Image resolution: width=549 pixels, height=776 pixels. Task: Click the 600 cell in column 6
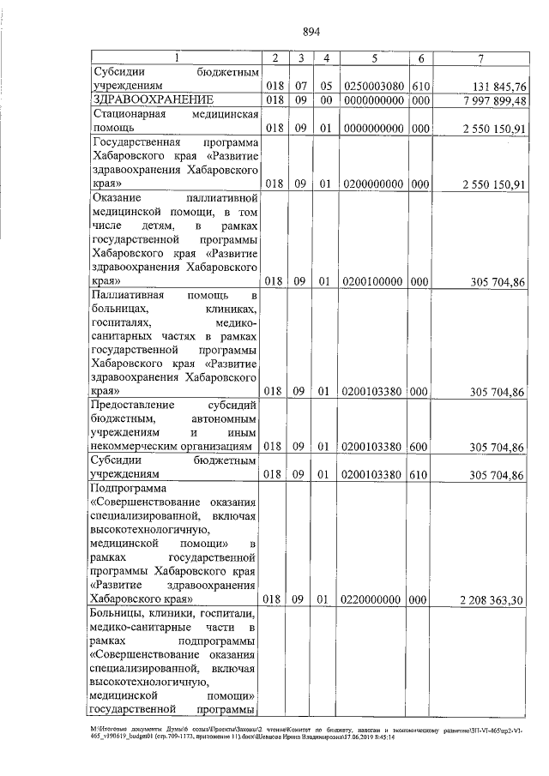pyautogui.click(x=419, y=446)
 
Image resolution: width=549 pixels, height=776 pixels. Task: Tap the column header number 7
pyautogui.click(x=481, y=57)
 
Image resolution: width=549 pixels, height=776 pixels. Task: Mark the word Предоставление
pyautogui.click(x=133, y=404)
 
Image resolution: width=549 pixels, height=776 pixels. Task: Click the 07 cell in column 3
pyautogui.click(x=301, y=87)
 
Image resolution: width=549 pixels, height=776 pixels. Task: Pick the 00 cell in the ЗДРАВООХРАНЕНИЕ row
pyautogui.click(x=325, y=100)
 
